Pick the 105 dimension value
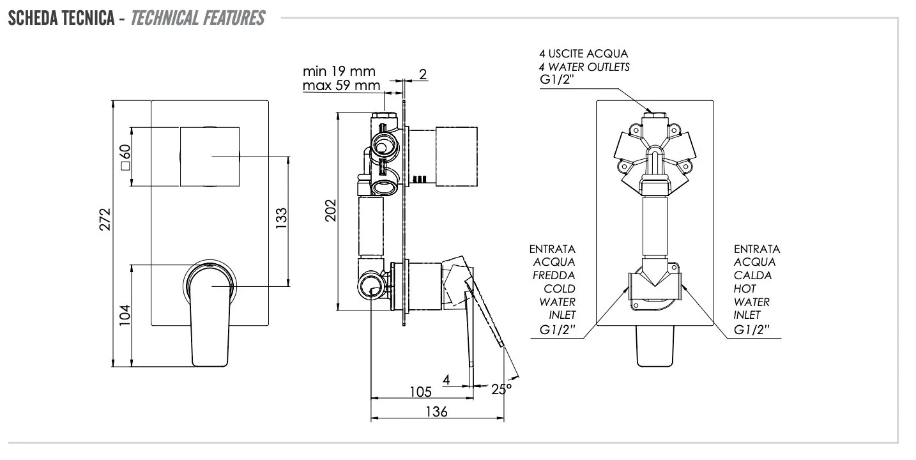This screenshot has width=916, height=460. click(420, 391)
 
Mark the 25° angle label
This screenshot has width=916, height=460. click(501, 388)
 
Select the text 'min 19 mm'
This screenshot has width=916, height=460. click(339, 71)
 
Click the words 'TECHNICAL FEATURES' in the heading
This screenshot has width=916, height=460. click(198, 18)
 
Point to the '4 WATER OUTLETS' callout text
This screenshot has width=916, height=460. click(584, 67)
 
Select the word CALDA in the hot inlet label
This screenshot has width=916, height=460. click(752, 275)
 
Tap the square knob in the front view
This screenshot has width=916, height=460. click(210, 157)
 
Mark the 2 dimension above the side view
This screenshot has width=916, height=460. click(422, 74)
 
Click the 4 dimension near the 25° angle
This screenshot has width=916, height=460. click(447, 379)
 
